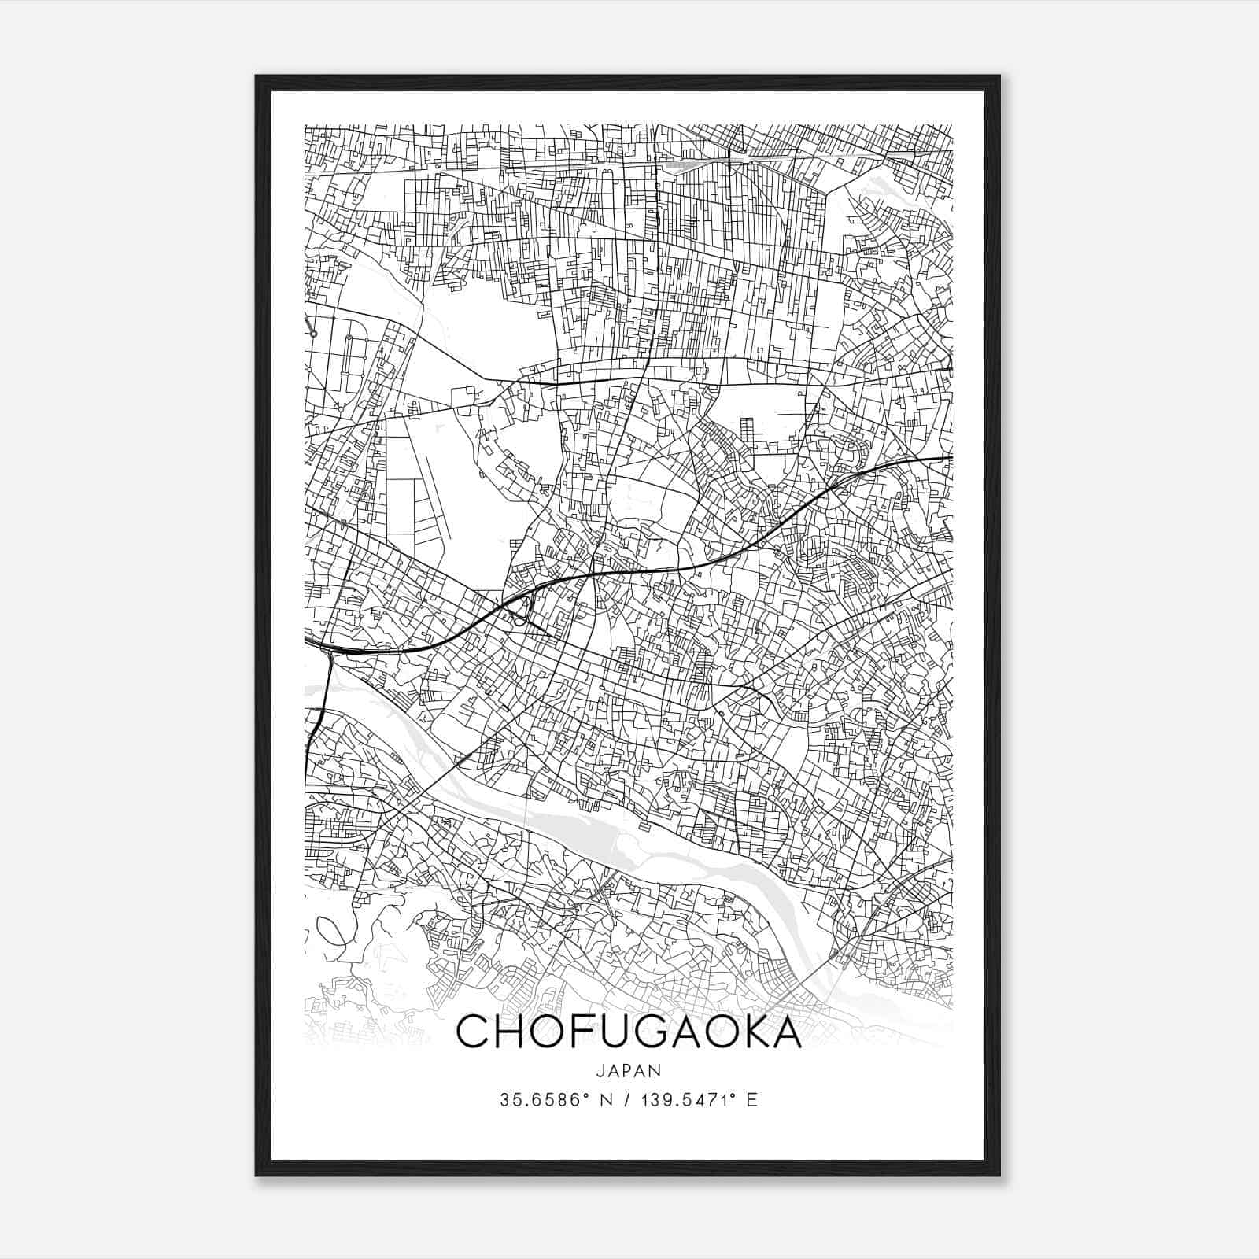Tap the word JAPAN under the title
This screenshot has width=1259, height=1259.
pyautogui.click(x=629, y=1070)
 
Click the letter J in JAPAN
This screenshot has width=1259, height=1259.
pyautogui.click(x=601, y=1070)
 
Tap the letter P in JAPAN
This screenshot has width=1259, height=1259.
pyautogui.click(x=629, y=1070)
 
